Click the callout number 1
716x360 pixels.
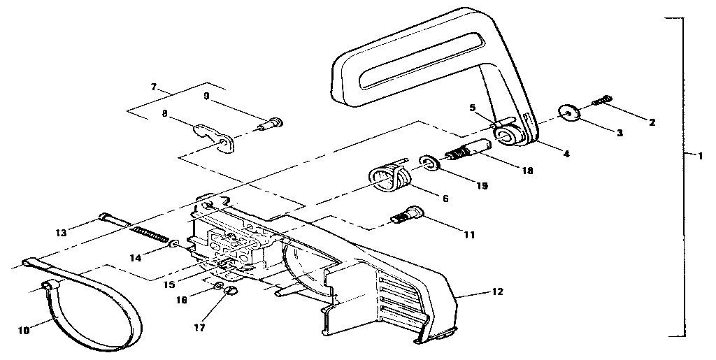pyautogui.click(x=700, y=155)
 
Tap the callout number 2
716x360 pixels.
pyautogui.click(x=652, y=122)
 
